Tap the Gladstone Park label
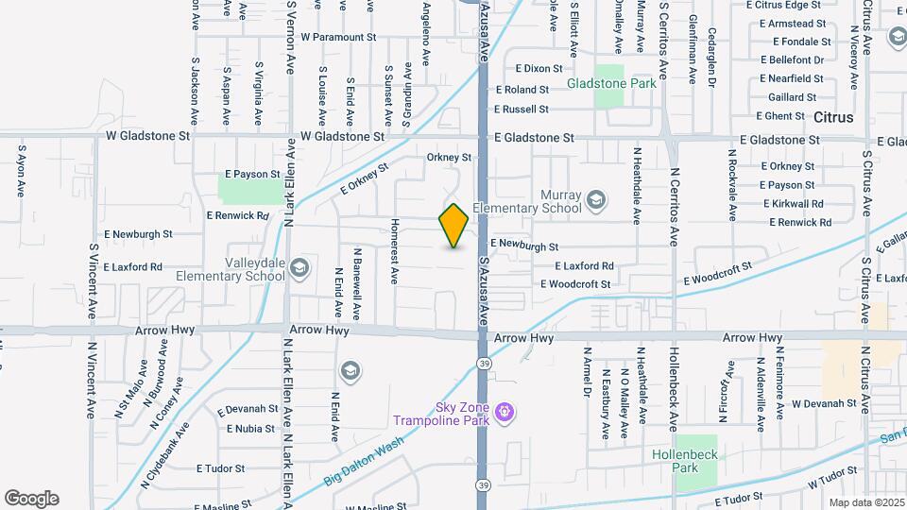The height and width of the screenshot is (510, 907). click(611, 83)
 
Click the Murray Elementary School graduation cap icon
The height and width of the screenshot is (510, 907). click(596, 199)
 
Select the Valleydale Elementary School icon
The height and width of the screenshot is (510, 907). click(299, 268)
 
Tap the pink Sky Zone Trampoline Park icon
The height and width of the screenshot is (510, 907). click(505, 411)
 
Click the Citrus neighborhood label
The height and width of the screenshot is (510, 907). click(832, 118)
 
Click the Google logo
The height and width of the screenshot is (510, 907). click(31, 498)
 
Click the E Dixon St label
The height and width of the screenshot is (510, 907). click(539, 68)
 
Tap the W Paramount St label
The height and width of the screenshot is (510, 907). click(338, 38)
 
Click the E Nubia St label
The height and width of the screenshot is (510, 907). click(250, 428)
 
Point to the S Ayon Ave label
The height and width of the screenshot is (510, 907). click(20, 170)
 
